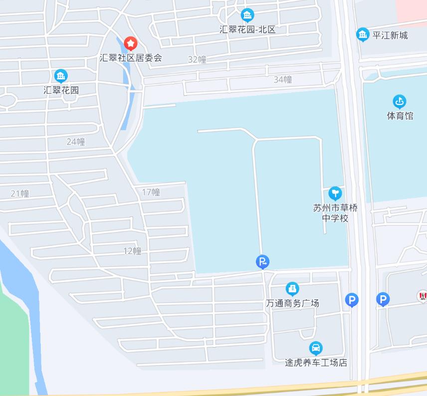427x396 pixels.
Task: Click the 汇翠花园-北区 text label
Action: (x=247, y=29)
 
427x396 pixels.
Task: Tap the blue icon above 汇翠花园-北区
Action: (x=247, y=15)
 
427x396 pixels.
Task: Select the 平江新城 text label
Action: (x=390, y=35)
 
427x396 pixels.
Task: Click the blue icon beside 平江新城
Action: (x=363, y=35)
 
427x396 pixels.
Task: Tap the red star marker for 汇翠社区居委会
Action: (x=131, y=44)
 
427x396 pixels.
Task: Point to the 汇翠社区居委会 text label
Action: (x=131, y=58)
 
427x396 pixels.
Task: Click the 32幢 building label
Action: (x=197, y=60)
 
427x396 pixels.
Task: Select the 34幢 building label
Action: (x=283, y=79)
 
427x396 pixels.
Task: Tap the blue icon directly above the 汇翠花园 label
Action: (x=61, y=76)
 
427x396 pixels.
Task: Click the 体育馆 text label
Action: (x=400, y=116)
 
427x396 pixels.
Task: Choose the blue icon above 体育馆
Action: (x=400, y=102)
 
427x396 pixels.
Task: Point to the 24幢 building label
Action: (x=76, y=142)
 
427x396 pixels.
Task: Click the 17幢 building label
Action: (x=151, y=193)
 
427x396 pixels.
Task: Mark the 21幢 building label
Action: (x=20, y=194)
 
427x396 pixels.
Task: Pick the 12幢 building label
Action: (x=132, y=251)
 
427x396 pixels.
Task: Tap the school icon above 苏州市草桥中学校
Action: (x=335, y=193)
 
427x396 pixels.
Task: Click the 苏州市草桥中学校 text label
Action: (x=335, y=213)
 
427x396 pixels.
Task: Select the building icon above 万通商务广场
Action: (x=292, y=289)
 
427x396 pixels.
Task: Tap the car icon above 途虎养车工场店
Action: (x=316, y=348)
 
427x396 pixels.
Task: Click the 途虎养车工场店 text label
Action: (x=316, y=363)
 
